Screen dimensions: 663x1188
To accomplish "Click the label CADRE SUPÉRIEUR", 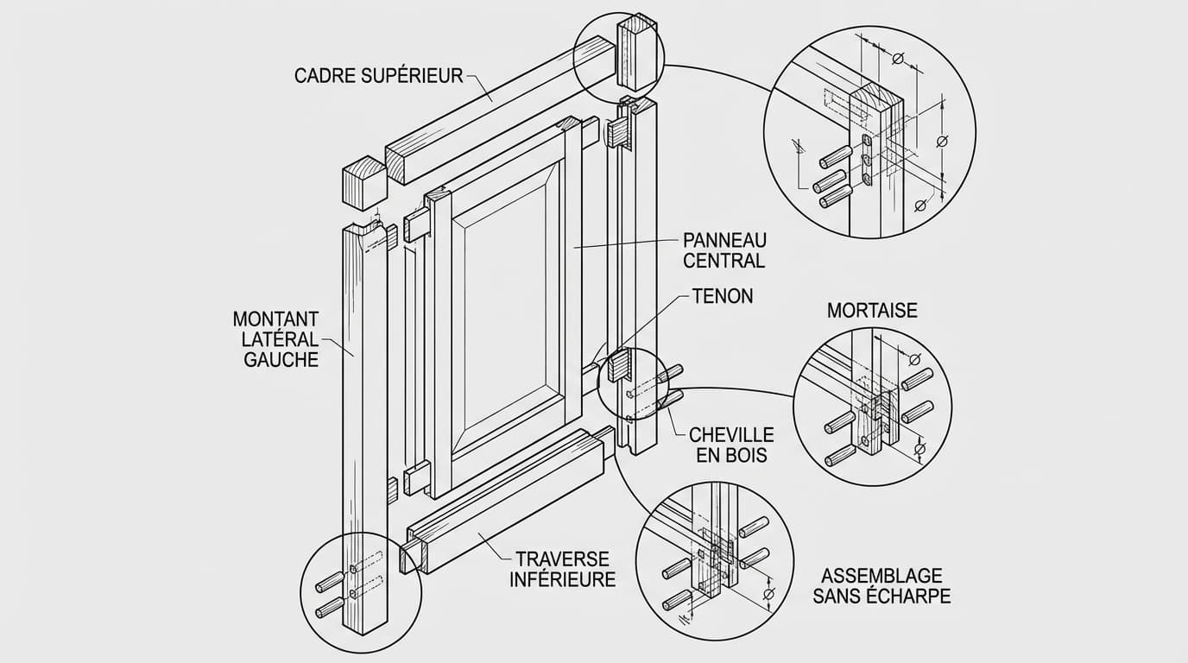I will pos(378,76).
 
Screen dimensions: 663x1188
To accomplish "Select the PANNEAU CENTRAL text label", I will pos(724,249).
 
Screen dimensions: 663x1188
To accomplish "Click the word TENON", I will pos(723,296).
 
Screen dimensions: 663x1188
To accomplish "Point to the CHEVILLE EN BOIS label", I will pos(731,445).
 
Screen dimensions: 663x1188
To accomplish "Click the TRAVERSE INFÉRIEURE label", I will pos(562,569).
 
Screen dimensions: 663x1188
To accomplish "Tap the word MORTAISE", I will pos(872,310).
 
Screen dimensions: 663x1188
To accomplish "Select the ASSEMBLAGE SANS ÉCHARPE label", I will pos(882,585).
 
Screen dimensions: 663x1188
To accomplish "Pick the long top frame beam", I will pos(492,112).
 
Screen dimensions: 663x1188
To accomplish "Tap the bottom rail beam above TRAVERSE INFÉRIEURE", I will pos(505,501).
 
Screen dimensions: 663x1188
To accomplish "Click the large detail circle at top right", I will pos(870,132).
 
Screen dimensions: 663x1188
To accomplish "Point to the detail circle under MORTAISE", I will pos(872,406).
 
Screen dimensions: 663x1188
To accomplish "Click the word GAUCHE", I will pos(281,360).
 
